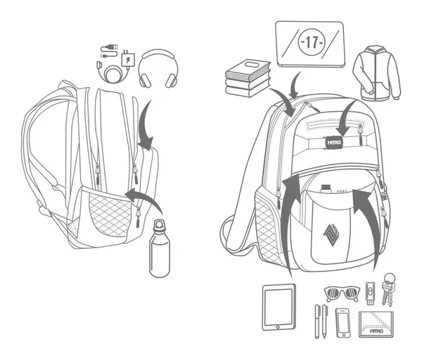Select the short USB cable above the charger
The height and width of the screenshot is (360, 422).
pyautogui.click(x=109, y=49)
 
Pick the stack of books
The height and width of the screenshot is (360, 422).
pyautogui.click(x=248, y=77)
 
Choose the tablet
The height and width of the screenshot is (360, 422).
pyautogui.click(x=279, y=307)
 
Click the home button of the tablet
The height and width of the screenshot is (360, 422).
pyautogui.click(x=279, y=326)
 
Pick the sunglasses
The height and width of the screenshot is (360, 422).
pyautogui.click(x=341, y=292)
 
